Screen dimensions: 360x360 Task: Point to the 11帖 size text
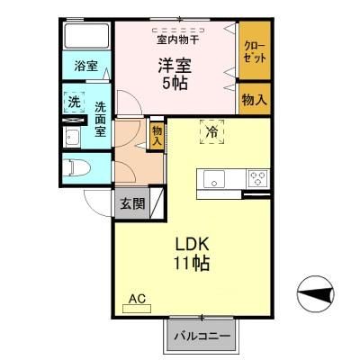[x=192, y=264]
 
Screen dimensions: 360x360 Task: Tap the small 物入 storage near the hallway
[x=157, y=135]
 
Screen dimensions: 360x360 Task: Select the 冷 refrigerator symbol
[x=211, y=130]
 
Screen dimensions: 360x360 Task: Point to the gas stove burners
[x=257, y=176]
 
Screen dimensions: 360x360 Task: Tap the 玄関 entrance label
[x=132, y=203]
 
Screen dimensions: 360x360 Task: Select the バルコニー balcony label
[x=202, y=336]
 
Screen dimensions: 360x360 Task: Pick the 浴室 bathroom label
[x=86, y=67]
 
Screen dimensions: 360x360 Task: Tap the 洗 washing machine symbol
[x=75, y=103]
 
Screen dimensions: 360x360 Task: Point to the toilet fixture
[x=77, y=166]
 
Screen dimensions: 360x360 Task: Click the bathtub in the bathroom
[x=86, y=38]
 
